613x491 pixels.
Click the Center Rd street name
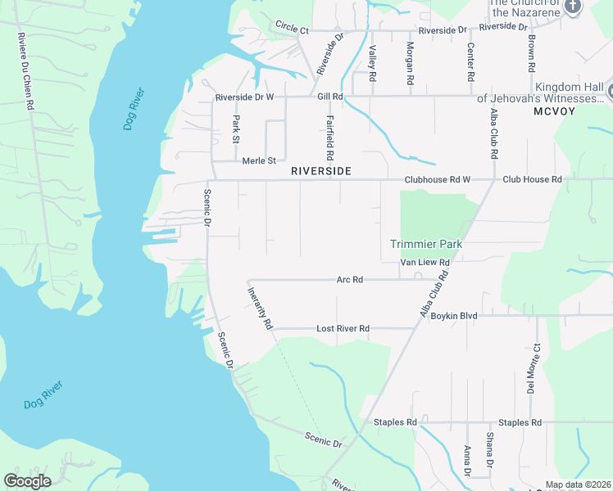click(471, 63)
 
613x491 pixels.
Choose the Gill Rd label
click(329, 97)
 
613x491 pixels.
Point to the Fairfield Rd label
click(329, 137)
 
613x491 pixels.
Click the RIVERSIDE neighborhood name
click(321, 172)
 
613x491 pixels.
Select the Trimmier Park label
click(426, 244)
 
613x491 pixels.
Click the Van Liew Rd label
click(425, 263)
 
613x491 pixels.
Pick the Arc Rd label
click(349, 280)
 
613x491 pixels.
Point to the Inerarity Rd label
click(260, 307)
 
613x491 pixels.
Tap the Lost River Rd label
click(343, 329)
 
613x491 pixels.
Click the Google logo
click(27, 480)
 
